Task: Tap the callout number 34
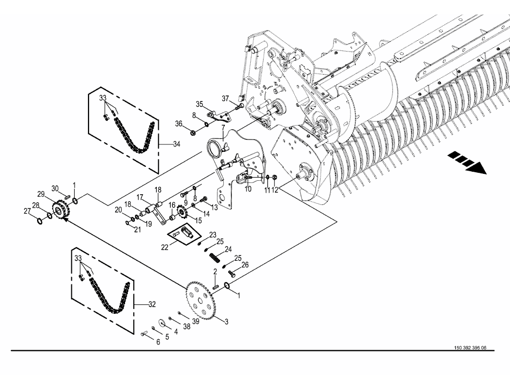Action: [x=177, y=144]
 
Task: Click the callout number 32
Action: [x=152, y=305]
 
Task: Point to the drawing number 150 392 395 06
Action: [x=470, y=348]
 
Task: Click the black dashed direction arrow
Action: [x=467, y=162]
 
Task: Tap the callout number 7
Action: [x=223, y=127]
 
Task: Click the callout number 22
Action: [x=165, y=247]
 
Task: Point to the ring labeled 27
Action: [x=39, y=221]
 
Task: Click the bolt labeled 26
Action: [x=231, y=273]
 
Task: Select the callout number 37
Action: [x=225, y=99]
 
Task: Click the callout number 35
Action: [x=199, y=104]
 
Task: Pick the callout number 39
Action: [x=195, y=321]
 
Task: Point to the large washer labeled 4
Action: [x=161, y=322]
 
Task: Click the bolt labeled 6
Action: [x=144, y=333]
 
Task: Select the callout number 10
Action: [x=248, y=189]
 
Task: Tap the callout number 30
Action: [x=55, y=188]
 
